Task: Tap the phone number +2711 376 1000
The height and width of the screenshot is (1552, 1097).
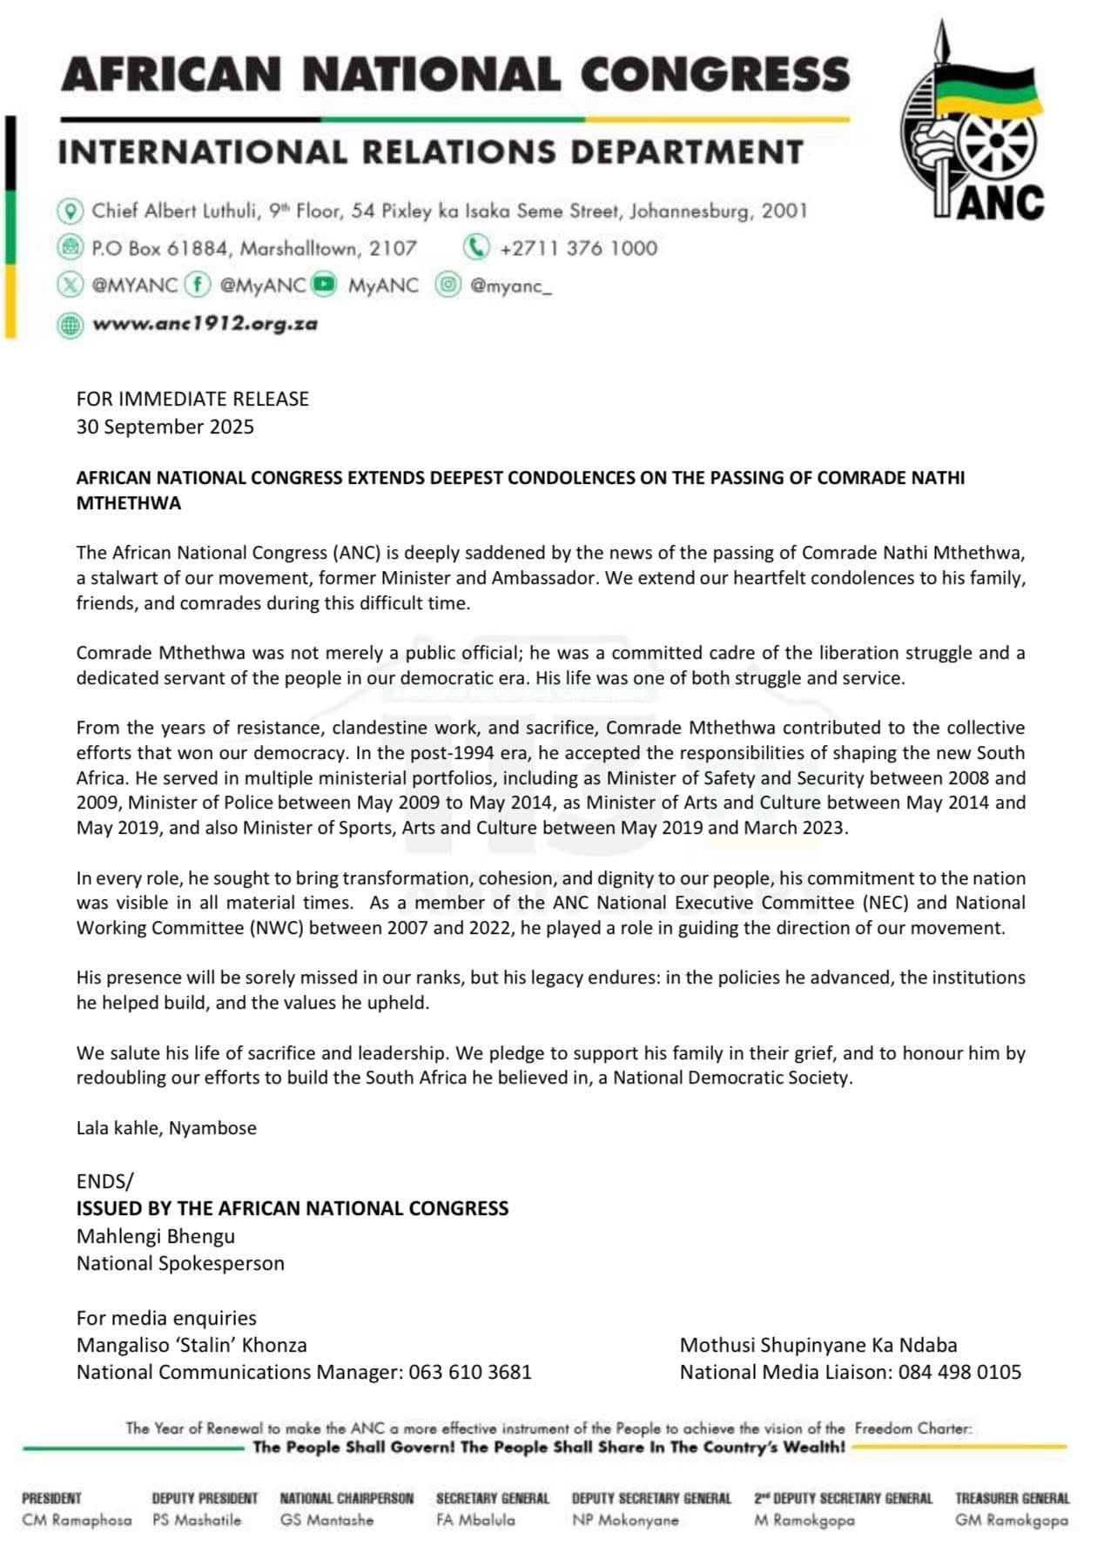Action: pyautogui.click(x=578, y=248)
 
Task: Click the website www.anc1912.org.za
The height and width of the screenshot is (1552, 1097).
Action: pyautogui.click(x=205, y=324)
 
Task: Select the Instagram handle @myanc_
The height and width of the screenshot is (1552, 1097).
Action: pyautogui.click(x=511, y=286)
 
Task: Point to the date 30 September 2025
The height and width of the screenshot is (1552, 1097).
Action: pyautogui.click(x=165, y=427)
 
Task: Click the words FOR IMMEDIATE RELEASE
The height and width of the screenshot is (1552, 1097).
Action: pyautogui.click(x=192, y=399)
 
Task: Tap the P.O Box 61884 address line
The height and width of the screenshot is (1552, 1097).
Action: pyautogui.click(x=254, y=248)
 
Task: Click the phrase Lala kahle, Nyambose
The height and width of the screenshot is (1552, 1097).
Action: pyautogui.click(x=166, y=1128)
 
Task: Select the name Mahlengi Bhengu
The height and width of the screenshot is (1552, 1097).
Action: pyautogui.click(x=156, y=1236)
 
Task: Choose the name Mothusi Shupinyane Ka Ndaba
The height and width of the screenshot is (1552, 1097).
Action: pyautogui.click(x=818, y=1345)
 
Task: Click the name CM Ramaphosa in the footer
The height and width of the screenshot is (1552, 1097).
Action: pyautogui.click(x=77, y=1520)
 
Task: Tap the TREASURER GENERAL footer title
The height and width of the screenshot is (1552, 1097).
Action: pyautogui.click(x=1012, y=1498)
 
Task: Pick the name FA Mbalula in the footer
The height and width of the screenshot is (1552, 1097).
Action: pyautogui.click(x=475, y=1520)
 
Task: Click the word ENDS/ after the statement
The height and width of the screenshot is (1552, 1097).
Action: pyautogui.click(x=105, y=1181)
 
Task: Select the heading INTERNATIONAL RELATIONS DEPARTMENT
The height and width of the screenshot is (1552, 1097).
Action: pyautogui.click(x=430, y=152)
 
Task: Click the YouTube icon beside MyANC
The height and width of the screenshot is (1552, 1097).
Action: pyautogui.click(x=324, y=285)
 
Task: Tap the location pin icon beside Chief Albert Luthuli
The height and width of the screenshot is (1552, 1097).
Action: pyautogui.click(x=70, y=211)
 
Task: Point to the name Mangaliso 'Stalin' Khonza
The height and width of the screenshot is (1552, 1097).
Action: pyautogui.click(x=192, y=1345)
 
